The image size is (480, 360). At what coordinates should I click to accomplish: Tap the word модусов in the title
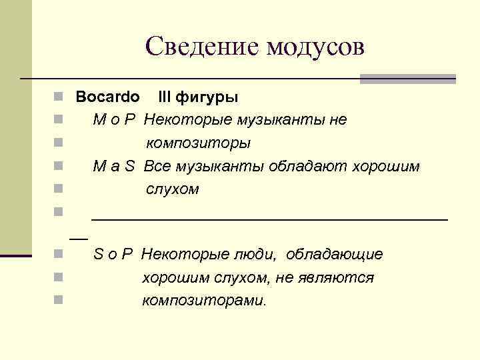(315, 47)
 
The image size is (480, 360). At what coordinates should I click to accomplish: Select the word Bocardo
(107, 97)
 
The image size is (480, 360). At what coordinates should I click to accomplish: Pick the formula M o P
(115, 120)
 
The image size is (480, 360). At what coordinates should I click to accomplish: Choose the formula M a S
(114, 166)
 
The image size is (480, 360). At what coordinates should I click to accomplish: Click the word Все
(157, 166)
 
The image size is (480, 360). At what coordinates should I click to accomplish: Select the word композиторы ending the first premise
(199, 143)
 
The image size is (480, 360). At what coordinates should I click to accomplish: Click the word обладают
(301, 166)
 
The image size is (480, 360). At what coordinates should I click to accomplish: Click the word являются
(341, 277)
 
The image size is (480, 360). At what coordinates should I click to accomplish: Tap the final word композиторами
(204, 300)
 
